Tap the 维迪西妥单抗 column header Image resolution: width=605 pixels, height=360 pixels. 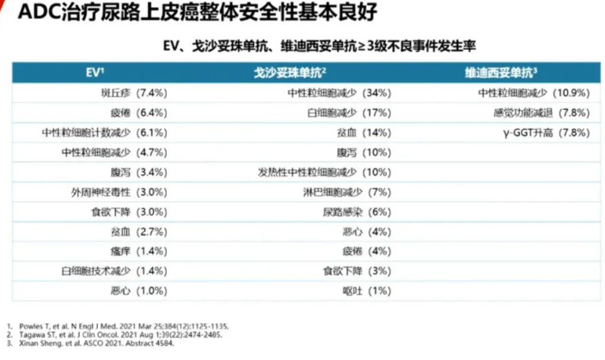(x=501, y=71)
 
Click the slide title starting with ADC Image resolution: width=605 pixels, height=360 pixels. (x=153, y=15)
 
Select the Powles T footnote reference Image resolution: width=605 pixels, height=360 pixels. (x=120, y=327)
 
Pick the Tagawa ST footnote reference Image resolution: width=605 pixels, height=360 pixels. (x=119, y=336)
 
